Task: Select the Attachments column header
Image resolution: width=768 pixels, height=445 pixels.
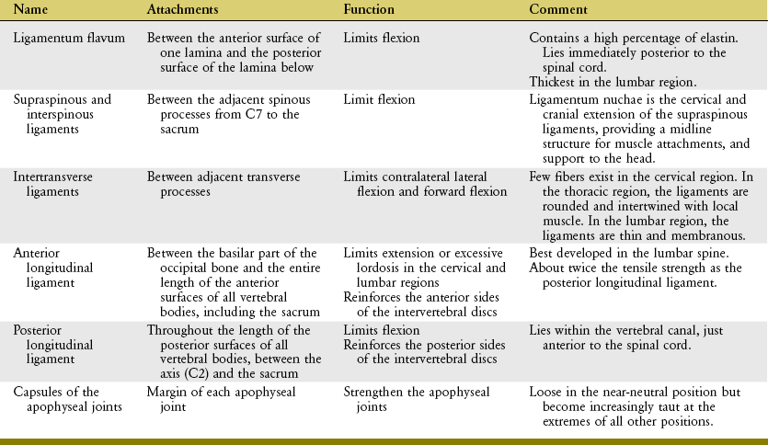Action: pyautogui.click(x=182, y=9)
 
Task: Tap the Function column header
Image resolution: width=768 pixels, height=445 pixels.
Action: pyautogui.click(x=370, y=9)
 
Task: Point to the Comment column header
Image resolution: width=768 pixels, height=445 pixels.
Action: pyautogui.click(x=558, y=9)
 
